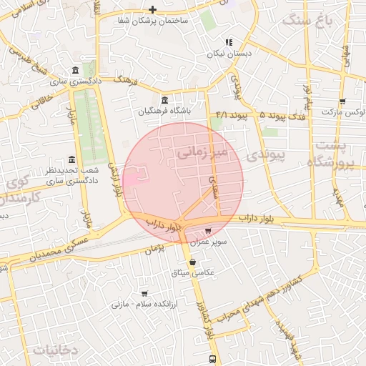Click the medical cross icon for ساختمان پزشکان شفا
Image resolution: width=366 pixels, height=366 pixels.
pos(152,9)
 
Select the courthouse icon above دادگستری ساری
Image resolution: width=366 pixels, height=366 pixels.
pos(76,70)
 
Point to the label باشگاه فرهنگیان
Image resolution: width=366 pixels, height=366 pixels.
pos(164,112)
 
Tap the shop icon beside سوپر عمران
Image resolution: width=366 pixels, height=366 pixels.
pos(208,232)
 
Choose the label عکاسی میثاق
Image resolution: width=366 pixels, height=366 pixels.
pos(193,273)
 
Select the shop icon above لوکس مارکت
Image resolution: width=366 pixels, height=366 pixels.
pos(342,102)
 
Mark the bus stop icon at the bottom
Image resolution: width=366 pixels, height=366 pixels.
pos(212,358)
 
